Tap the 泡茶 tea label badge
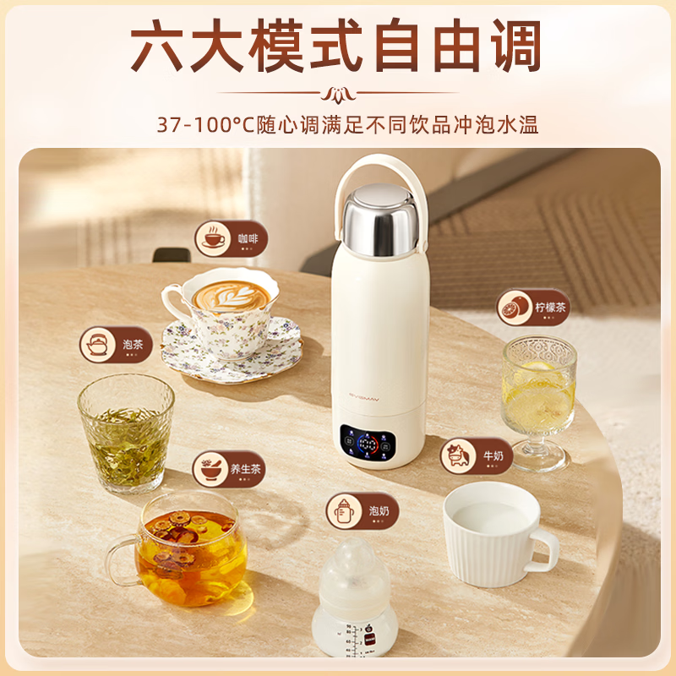(116, 345)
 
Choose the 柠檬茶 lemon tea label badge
(533, 308)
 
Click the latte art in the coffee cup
(230, 297)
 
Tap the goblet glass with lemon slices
(538, 397)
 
